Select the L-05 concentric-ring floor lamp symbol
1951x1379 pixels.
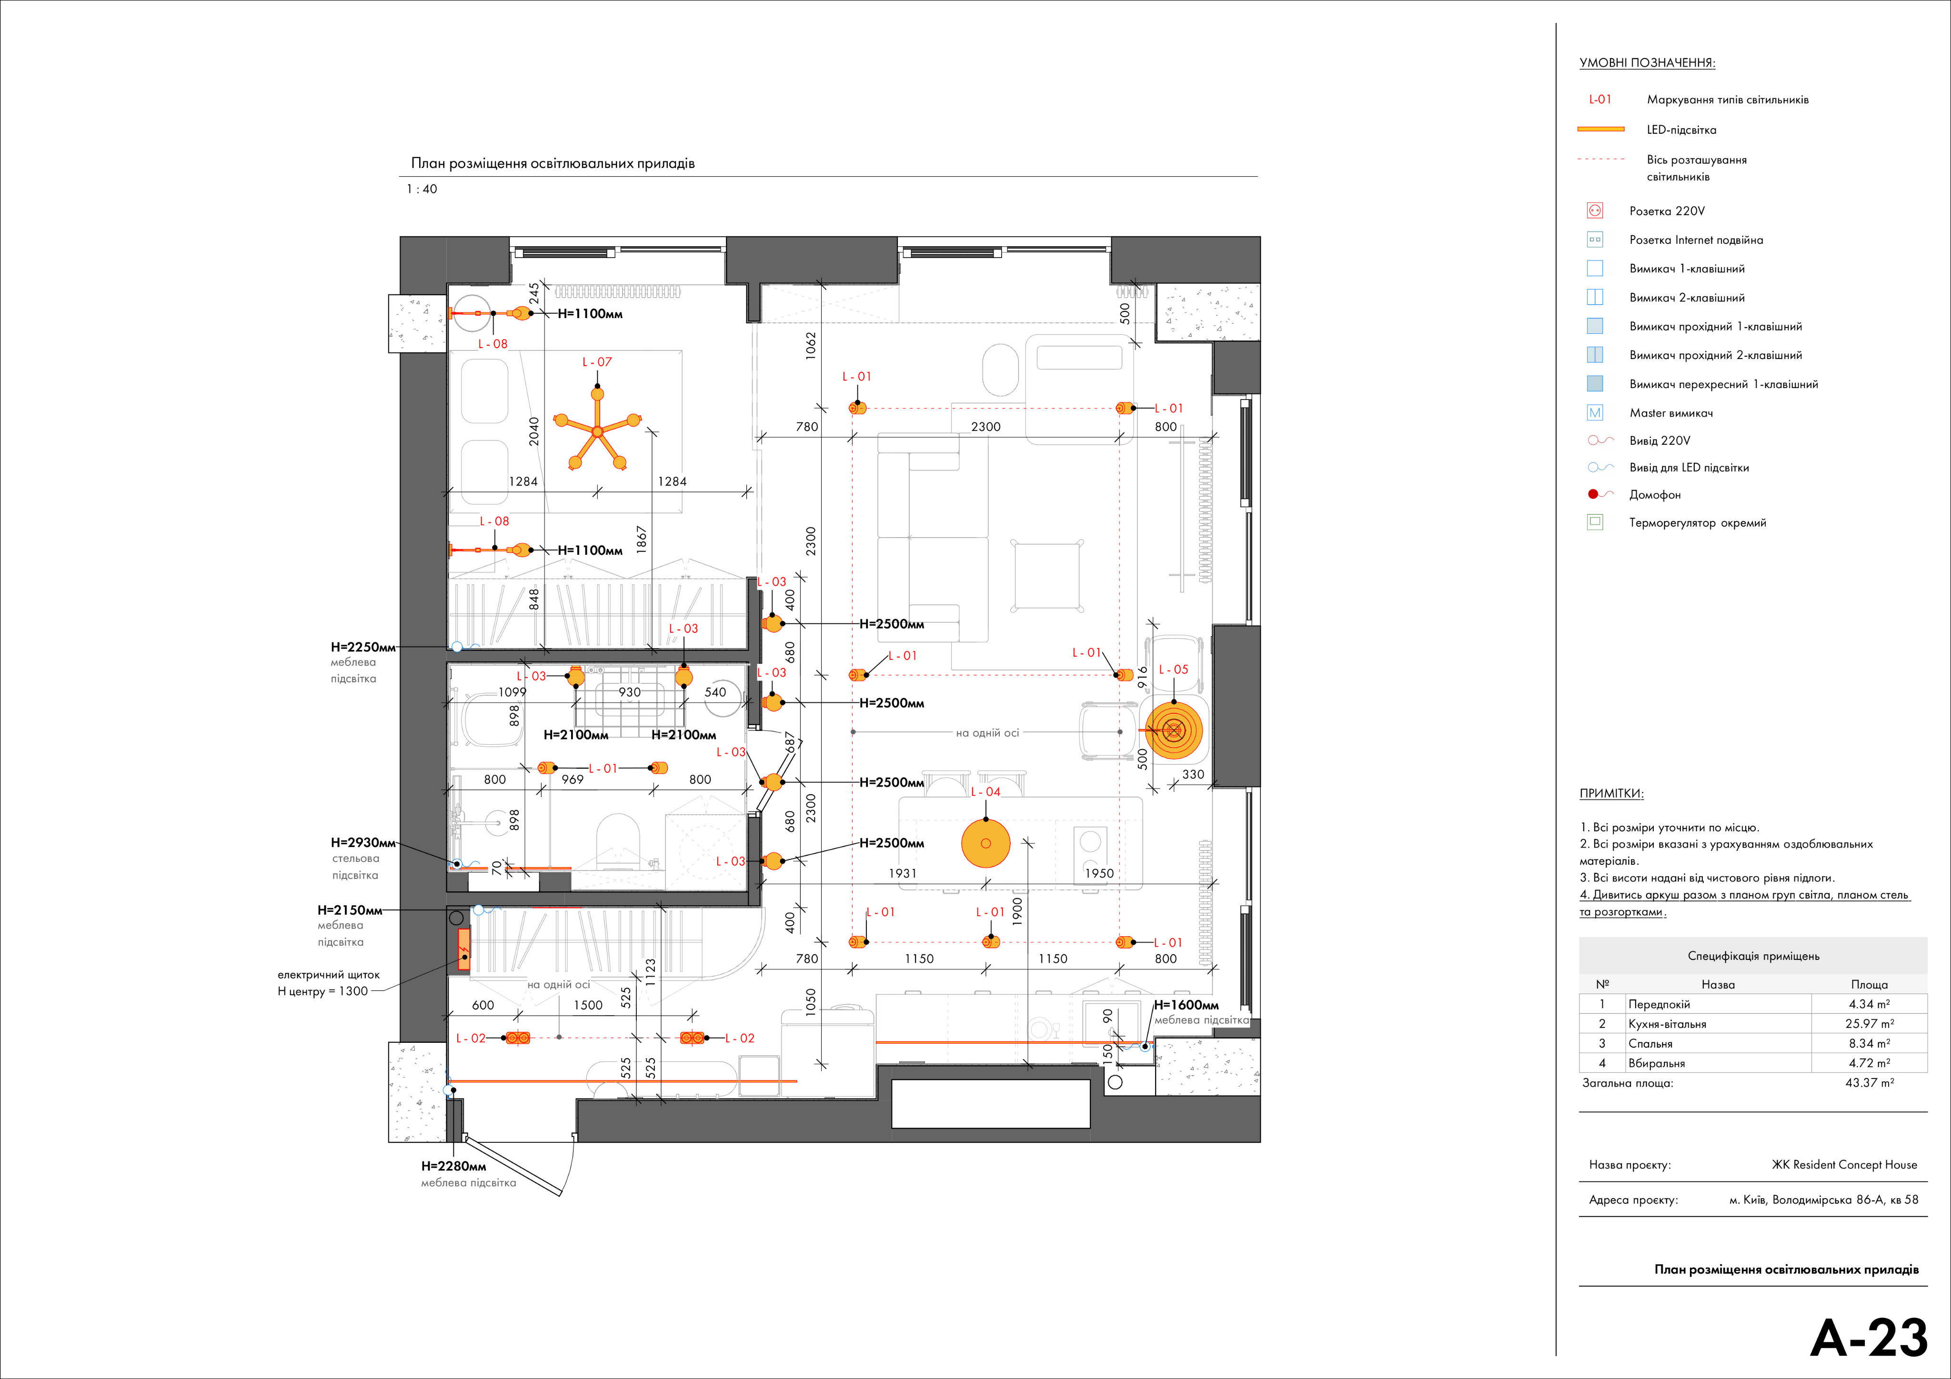(1174, 730)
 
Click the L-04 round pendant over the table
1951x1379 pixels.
(986, 843)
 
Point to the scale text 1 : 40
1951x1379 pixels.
(422, 189)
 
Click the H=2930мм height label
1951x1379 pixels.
(363, 843)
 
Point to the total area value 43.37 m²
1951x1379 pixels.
(1870, 1082)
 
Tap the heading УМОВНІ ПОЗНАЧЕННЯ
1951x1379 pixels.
(1647, 63)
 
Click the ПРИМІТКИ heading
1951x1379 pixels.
(1611, 794)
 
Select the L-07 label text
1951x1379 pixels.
(596, 362)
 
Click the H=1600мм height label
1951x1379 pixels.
(1186, 1005)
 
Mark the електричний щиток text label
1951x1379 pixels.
(329, 975)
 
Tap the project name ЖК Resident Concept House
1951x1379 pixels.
(1844, 1165)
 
